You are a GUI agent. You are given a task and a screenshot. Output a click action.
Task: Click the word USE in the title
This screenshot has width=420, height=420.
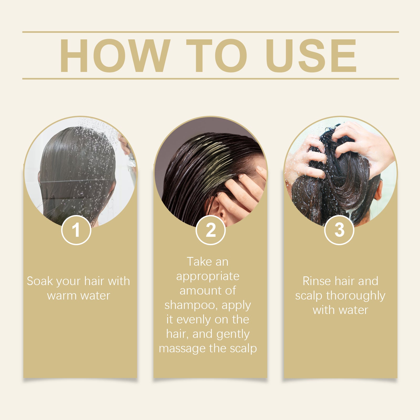pyautogui.click(x=312, y=56)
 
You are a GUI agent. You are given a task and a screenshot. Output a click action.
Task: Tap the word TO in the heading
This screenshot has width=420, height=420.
pyautogui.click(x=217, y=56)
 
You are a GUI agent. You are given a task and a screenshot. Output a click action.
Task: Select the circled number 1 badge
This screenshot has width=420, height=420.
pyautogui.click(x=76, y=230)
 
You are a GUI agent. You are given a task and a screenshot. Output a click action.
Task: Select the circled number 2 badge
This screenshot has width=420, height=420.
pyautogui.click(x=211, y=230)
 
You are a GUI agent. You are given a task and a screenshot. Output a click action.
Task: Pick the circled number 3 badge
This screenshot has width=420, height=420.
pyautogui.click(x=339, y=230)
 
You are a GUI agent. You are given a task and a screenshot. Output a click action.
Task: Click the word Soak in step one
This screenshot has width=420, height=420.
pyautogui.click(x=40, y=281)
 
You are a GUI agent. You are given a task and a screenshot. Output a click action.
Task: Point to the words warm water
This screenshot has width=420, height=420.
pyautogui.click(x=78, y=296)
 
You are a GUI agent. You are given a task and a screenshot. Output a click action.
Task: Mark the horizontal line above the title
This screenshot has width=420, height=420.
pyautogui.click(x=211, y=32)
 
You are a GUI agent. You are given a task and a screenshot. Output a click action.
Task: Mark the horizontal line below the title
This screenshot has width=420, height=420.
pyautogui.click(x=211, y=78)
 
